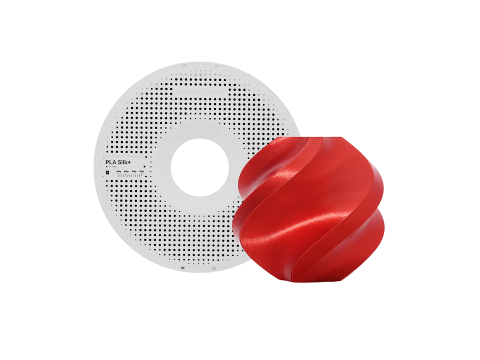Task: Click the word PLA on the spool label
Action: tap(110, 162)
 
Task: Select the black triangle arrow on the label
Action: tap(145, 166)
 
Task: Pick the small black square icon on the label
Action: tap(107, 172)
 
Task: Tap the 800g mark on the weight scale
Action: tap(119, 172)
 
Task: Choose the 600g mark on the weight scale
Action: tap(126, 172)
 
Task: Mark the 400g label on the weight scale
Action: tap(134, 172)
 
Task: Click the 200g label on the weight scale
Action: tap(141, 172)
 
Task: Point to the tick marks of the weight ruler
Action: tap(131, 175)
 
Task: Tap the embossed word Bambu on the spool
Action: tap(188, 92)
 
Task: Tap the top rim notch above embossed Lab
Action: tap(215, 67)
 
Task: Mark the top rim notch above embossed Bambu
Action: tap(185, 67)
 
